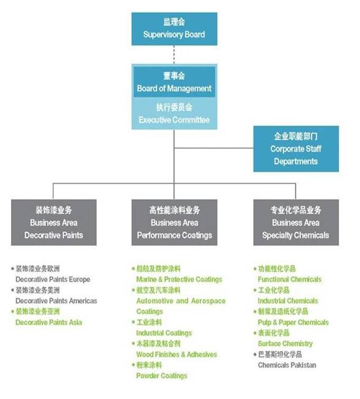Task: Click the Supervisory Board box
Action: click(x=174, y=29)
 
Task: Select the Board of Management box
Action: click(x=174, y=82)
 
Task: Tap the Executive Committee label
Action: click(x=174, y=120)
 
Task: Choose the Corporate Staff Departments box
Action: click(x=296, y=149)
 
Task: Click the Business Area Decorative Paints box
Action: click(x=54, y=222)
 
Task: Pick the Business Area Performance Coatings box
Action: click(x=174, y=222)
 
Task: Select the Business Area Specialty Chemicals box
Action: click(x=296, y=222)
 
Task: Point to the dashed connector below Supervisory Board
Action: click(x=174, y=55)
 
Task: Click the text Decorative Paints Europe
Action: click(x=53, y=279)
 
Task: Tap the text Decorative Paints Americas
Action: click(x=56, y=301)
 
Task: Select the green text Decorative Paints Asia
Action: click(x=48, y=322)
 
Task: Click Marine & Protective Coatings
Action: click(x=179, y=279)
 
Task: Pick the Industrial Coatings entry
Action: click(x=164, y=333)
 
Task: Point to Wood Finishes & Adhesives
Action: click(x=177, y=354)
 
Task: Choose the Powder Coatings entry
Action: click(x=162, y=376)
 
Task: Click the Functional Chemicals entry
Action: click(x=289, y=279)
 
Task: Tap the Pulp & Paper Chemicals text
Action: click(x=293, y=322)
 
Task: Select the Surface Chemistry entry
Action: click(x=285, y=344)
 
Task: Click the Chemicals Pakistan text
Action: click(x=287, y=365)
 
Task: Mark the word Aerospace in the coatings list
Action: click(x=209, y=301)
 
